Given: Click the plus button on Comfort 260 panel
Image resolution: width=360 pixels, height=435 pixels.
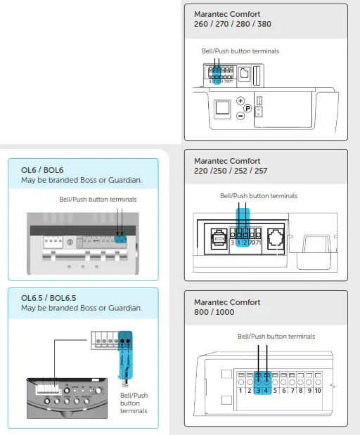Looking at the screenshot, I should click(x=240, y=100).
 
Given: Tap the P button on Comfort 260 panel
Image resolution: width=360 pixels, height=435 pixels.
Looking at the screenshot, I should click(x=247, y=108).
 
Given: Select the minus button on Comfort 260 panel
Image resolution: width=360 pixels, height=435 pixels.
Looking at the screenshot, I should click(x=240, y=116).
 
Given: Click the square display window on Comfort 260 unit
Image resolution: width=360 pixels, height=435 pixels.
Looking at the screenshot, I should click(x=221, y=108).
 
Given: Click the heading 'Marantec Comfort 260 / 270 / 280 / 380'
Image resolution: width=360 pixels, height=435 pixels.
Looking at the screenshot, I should click(x=232, y=19).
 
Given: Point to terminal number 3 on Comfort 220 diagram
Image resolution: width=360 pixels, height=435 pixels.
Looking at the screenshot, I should click(x=232, y=242).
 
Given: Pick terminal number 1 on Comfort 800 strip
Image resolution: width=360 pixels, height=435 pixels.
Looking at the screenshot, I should click(x=241, y=389).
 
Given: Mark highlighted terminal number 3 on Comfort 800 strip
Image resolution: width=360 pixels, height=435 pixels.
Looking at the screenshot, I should click(x=258, y=389).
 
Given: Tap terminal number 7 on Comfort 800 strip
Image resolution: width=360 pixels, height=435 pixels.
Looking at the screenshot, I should click(x=292, y=389).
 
